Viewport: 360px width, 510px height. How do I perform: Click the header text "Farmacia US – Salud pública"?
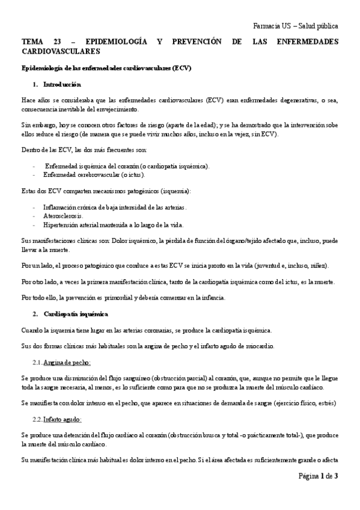coord(296,26)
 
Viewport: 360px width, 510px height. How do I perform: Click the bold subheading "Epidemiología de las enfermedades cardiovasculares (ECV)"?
coord(106,68)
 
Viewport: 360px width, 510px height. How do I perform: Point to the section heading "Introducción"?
coord(62,84)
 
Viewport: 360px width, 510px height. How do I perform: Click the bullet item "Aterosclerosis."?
coord(64,215)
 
